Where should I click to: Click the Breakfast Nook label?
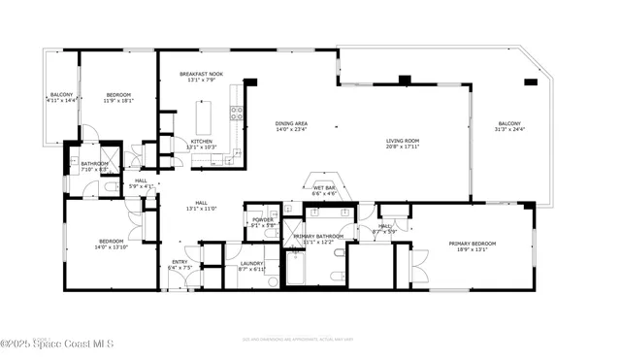201,74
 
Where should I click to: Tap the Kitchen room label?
201,142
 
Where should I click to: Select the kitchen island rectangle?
204,117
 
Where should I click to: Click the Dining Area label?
291,123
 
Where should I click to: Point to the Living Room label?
403,141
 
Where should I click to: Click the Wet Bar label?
324,188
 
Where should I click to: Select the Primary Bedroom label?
472,243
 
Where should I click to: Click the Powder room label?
263,219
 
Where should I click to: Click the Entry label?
180,261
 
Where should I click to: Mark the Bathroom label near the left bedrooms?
94,164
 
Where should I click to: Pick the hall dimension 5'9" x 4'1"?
141,185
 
